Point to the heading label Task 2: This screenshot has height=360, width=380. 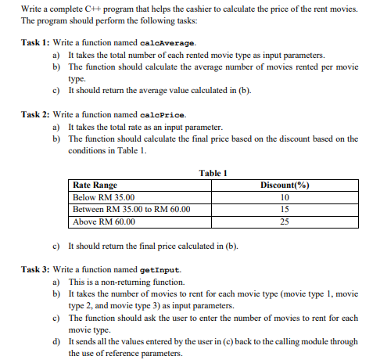coord(36,114)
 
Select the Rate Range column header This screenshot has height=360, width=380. coord(95,185)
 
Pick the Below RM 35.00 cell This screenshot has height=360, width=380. coord(103,197)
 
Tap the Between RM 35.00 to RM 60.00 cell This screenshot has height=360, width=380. coord(131,210)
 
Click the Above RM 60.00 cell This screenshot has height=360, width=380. coord(103,221)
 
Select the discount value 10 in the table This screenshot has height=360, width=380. coord(284,197)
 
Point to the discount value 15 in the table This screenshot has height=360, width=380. coord(284,210)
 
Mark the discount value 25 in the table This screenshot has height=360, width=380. coord(284,221)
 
